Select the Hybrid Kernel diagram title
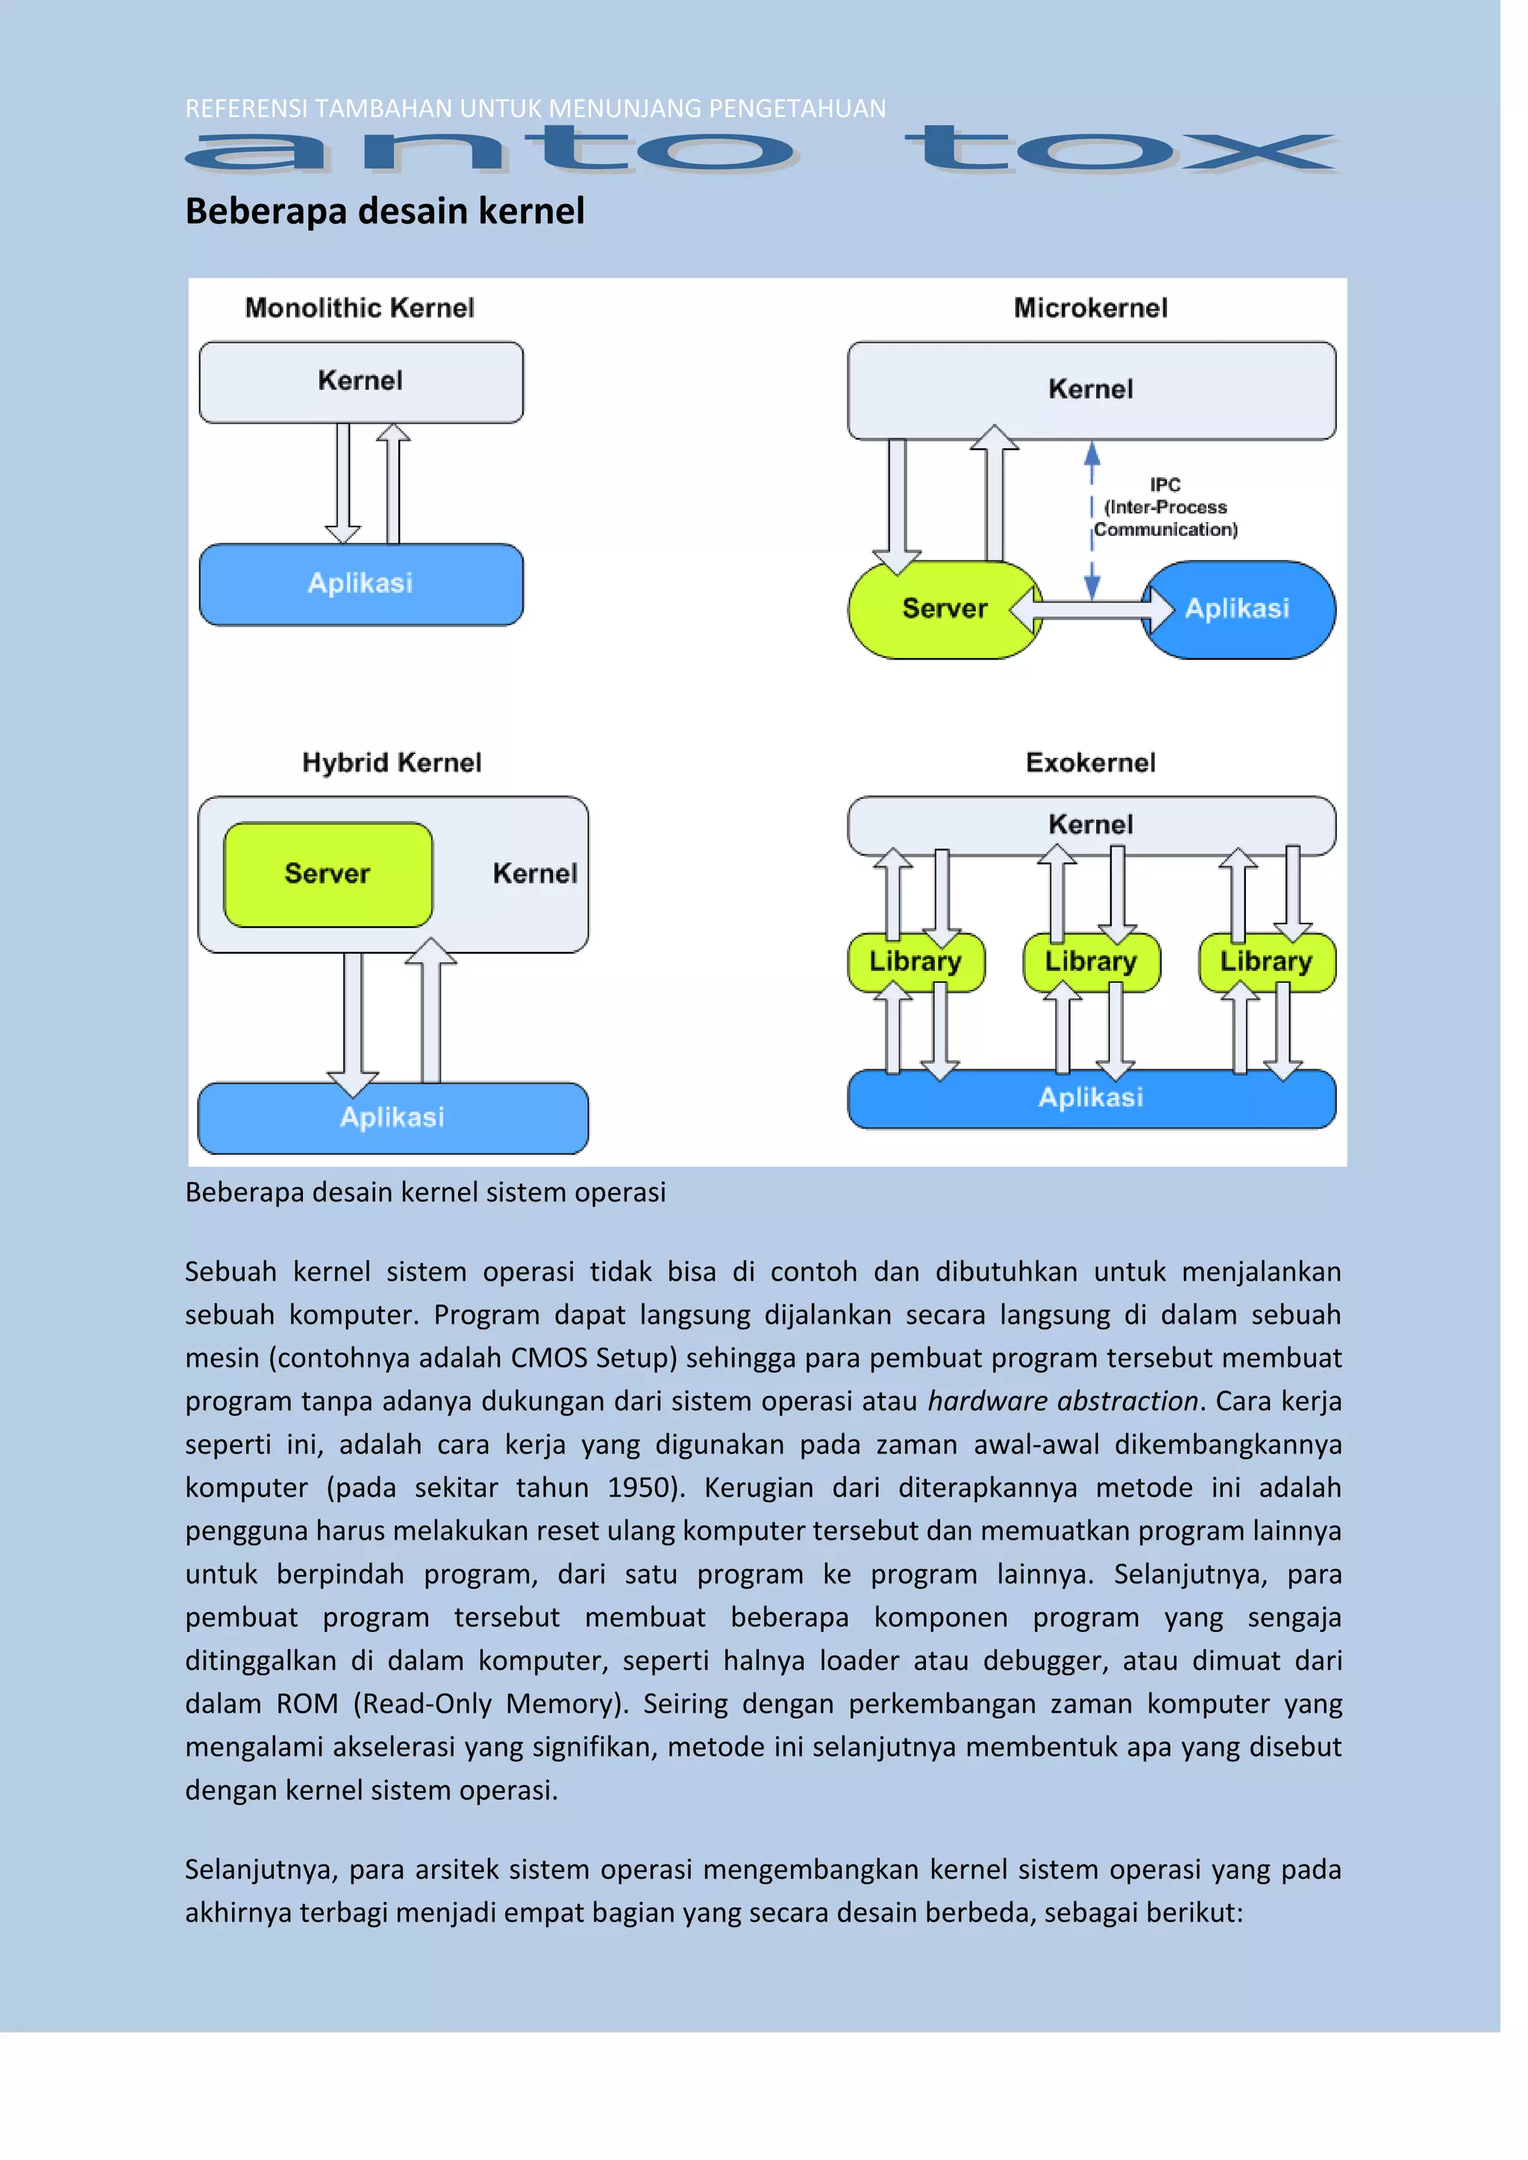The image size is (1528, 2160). pyautogui.click(x=392, y=762)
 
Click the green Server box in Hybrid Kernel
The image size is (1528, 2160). pyautogui.click(x=328, y=874)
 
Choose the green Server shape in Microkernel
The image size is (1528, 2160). pyautogui.click(x=944, y=609)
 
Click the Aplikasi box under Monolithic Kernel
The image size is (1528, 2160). pyautogui.click(x=360, y=584)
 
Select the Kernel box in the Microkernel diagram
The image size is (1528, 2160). pyautogui.click(x=1091, y=389)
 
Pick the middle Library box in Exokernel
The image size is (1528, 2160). pyautogui.click(x=1091, y=961)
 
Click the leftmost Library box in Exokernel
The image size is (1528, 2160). pyautogui.click(x=915, y=961)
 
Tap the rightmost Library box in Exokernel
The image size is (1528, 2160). pyautogui.click(x=1265, y=961)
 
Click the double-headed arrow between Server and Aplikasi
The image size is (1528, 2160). pyautogui.click(x=1092, y=611)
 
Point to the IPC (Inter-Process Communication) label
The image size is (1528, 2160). pyautogui.click(x=1165, y=507)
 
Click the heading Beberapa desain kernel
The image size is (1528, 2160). pyautogui.click(x=385, y=211)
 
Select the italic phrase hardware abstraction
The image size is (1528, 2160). pyautogui.click(x=1062, y=1401)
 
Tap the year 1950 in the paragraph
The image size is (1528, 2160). pyautogui.click(x=639, y=1487)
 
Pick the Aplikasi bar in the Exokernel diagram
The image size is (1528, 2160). pyautogui.click(x=1091, y=1098)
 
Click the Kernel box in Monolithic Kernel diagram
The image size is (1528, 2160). pyautogui.click(x=360, y=381)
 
